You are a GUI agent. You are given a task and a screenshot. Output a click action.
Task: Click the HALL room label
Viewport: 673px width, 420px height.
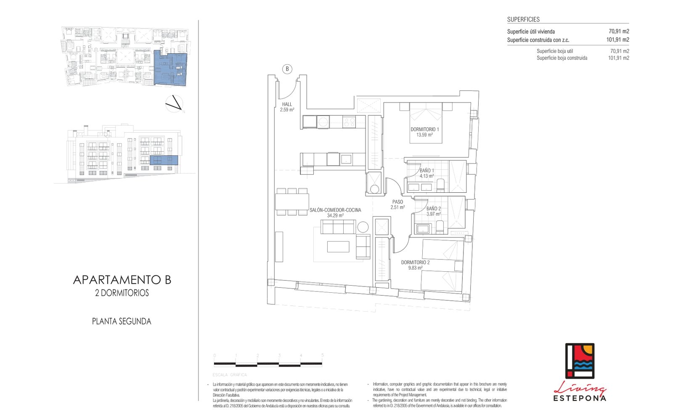click(287, 105)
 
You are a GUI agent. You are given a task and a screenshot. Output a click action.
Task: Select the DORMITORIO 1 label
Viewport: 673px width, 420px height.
click(424, 129)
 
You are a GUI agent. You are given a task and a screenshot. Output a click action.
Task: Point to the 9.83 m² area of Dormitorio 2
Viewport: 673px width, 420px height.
click(415, 268)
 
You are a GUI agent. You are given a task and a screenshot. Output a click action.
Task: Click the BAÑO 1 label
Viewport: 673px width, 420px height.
click(427, 171)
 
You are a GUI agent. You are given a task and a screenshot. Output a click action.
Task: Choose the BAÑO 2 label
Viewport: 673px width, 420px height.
click(433, 208)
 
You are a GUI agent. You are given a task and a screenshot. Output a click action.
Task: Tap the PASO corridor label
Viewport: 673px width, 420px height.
click(397, 202)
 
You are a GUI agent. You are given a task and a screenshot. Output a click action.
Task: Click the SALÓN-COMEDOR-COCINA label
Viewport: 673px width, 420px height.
click(335, 210)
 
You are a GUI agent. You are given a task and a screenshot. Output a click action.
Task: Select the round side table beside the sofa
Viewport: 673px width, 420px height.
click(363, 228)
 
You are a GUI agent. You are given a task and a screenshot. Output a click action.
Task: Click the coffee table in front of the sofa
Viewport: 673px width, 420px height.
click(338, 246)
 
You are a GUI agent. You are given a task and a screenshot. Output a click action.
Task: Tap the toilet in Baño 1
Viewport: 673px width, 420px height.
click(440, 185)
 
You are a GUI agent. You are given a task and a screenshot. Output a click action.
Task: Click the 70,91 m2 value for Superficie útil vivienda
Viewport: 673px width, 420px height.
click(619, 31)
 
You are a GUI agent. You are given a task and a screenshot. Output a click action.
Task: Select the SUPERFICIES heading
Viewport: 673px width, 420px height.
click(523, 19)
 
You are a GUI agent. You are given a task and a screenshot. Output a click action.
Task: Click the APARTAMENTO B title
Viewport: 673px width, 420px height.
click(122, 280)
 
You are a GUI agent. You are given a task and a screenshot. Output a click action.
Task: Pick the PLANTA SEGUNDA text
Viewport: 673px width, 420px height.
click(122, 321)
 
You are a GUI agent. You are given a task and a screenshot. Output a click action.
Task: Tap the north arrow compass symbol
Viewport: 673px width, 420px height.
click(174, 104)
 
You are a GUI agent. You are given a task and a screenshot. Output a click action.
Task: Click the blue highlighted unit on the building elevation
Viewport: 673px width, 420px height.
click(164, 160)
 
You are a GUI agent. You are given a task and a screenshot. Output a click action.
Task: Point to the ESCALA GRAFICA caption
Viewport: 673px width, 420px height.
click(230, 375)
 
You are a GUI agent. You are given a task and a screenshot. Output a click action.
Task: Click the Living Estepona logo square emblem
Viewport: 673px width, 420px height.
click(579, 361)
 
